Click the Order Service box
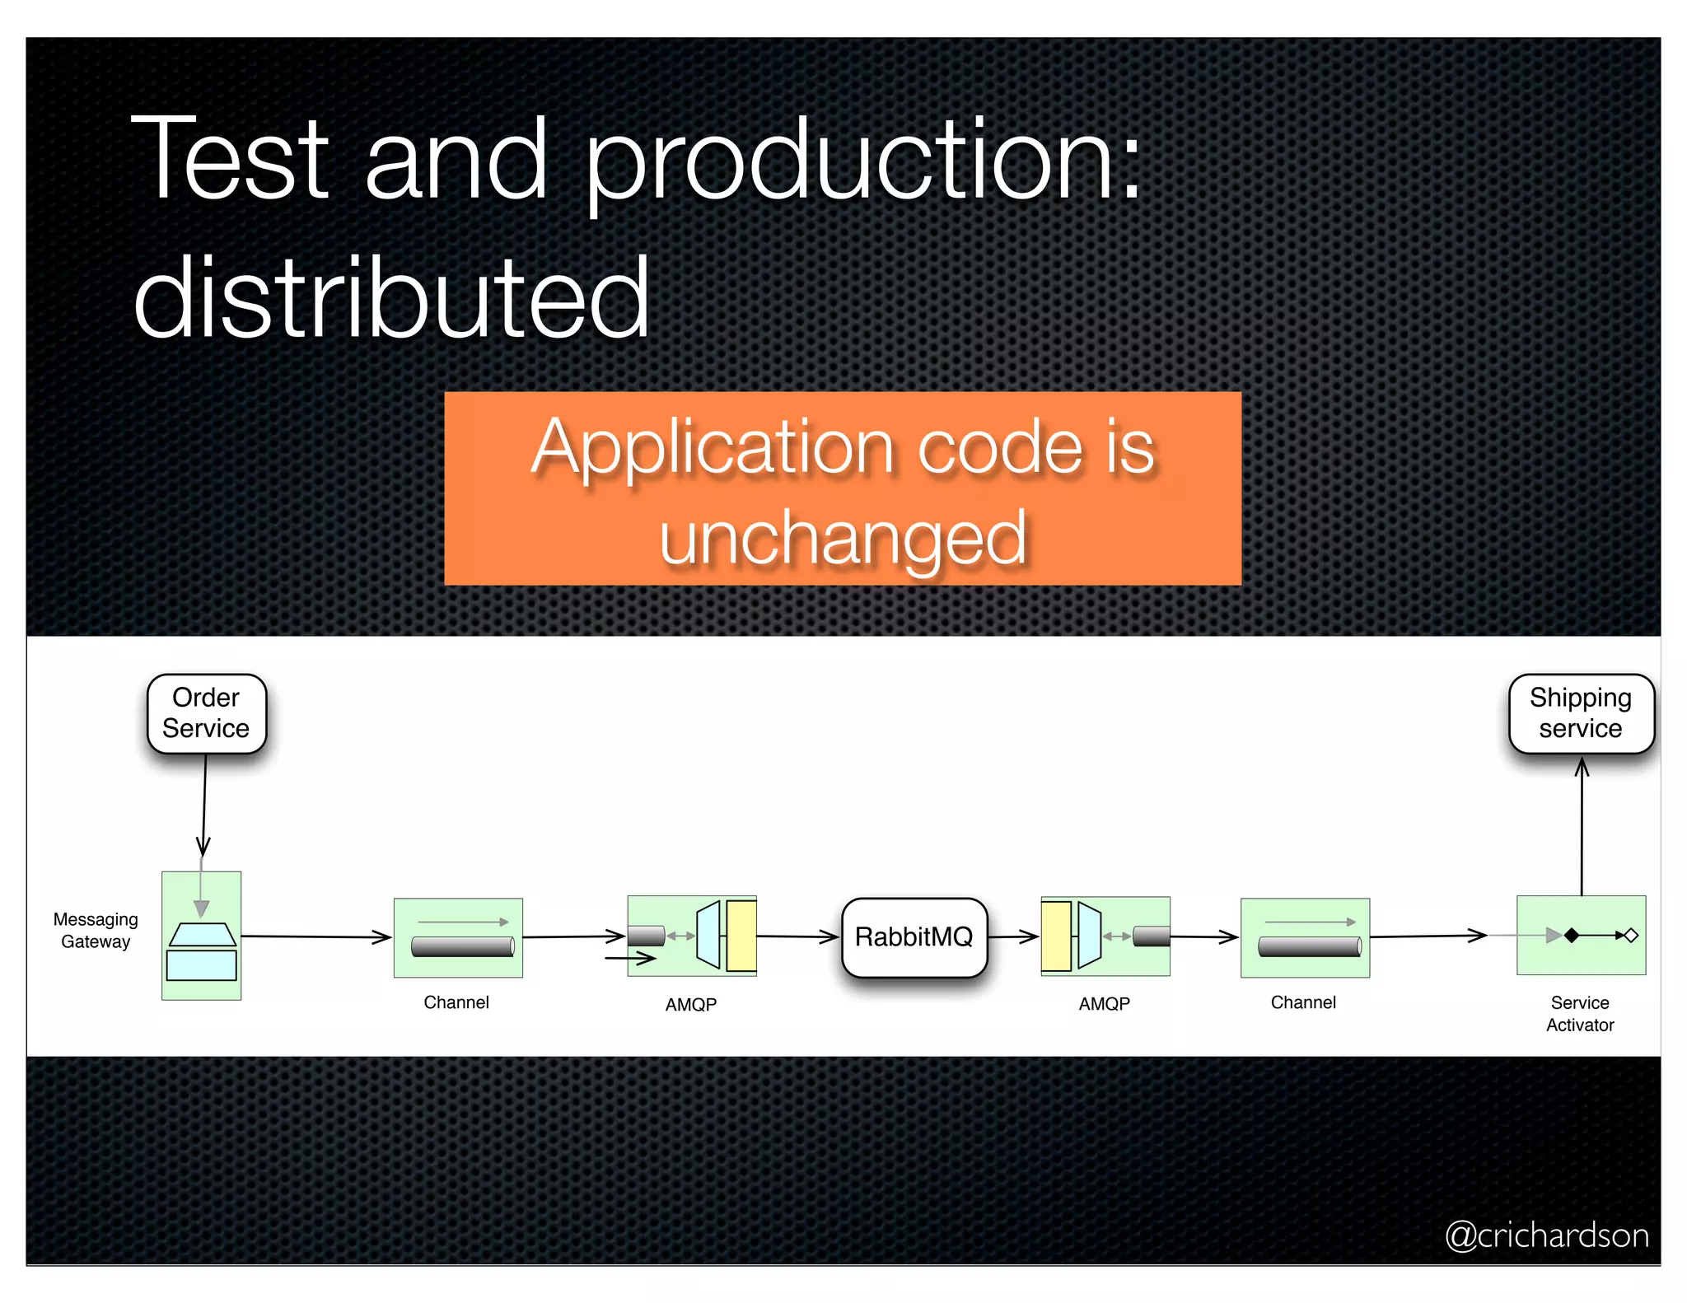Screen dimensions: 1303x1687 [206, 713]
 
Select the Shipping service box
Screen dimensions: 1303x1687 [1580, 713]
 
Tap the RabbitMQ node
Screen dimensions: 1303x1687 [914, 937]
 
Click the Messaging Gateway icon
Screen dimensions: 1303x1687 [202, 936]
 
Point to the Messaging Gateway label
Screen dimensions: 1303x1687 [96, 931]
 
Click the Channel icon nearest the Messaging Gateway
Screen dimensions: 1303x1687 [458, 937]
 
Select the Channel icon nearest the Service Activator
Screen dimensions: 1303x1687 [1305, 937]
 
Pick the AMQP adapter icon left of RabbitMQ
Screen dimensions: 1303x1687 [692, 936]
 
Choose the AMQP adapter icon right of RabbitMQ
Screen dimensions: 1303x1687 [1105, 936]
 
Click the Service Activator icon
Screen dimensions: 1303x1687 [1581, 935]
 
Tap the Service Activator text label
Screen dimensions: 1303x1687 [1580, 1014]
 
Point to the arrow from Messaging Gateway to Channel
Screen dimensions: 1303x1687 [316, 936]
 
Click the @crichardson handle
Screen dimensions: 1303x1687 [1547, 1235]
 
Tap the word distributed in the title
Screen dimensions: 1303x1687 [391, 298]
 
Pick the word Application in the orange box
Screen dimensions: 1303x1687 [713, 447]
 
